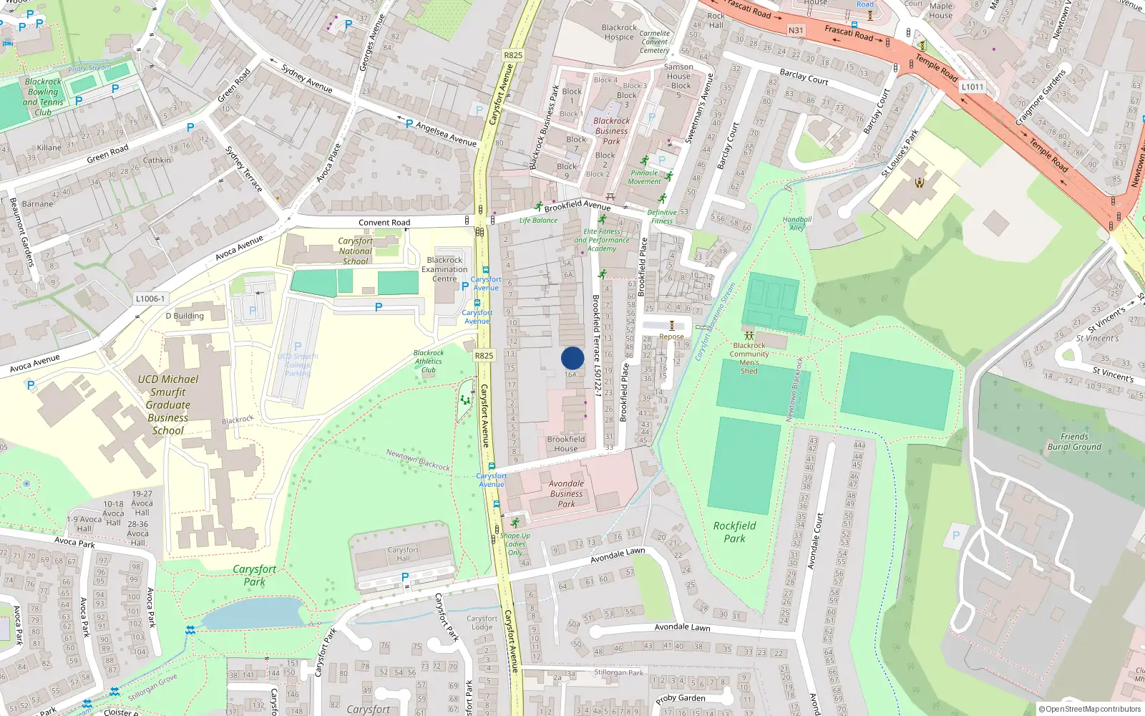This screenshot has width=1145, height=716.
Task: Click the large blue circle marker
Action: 572,358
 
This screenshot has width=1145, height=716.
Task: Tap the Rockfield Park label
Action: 734,532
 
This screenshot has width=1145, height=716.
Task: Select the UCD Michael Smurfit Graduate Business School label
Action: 168,405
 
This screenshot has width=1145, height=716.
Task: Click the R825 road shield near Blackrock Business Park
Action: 513,55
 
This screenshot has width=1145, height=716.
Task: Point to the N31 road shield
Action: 796,31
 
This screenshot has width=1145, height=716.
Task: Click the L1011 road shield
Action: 972,87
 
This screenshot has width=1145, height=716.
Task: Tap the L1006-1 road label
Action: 150,299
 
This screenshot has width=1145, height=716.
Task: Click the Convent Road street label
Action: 384,223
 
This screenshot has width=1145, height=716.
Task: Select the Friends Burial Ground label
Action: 1074,442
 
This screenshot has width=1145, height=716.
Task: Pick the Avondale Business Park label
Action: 566,494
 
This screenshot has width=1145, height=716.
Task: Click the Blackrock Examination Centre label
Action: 444,269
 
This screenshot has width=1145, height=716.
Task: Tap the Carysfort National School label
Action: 355,251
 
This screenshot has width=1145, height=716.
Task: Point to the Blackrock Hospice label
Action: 619,32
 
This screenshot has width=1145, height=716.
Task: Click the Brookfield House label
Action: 565,444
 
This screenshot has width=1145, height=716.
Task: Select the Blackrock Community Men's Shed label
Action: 749,358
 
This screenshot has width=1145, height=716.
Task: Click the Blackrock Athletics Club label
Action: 429,362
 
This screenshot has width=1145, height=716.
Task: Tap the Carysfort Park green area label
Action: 254,575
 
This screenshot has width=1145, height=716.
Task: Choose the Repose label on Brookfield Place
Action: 671,337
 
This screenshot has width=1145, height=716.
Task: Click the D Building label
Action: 185,316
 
